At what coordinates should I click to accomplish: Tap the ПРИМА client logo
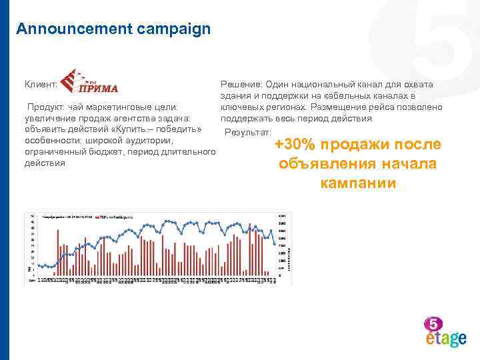pyautogui.click(x=89, y=82)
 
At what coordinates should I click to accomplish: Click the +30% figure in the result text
pyautogui.click(x=298, y=145)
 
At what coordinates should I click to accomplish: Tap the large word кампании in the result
pyautogui.click(x=358, y=183)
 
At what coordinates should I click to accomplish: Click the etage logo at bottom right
pyautogui.click(x=445, y=333)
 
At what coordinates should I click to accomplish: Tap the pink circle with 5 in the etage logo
pyautogui.click(x=433, y=324)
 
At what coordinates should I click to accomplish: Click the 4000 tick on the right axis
pyautogui.click(x=282, y=215)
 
